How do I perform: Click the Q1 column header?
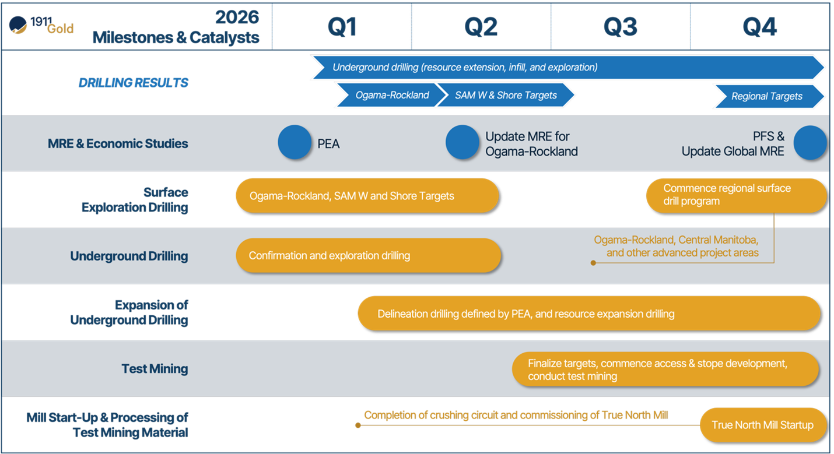tap(342, 27)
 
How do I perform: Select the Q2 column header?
tap(481, 27)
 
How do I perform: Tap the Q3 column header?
tap(621, 27)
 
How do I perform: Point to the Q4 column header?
tap(760, 27)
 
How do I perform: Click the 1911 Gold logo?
tap(41, 26)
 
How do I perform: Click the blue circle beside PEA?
tap(295, 143)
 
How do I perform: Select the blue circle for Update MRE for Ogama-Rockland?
tap(462, 143)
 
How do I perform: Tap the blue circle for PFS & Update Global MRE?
tap(810, 143)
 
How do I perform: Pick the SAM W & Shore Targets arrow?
tap(506, 96)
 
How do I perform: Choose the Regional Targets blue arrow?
tap(767, 96)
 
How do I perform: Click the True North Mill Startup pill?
tap(762, 425)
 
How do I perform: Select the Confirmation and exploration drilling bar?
tap(369, 255)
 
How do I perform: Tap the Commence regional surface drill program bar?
tap(735, 195)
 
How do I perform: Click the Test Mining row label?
tap(155, 369)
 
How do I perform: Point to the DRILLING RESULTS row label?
tap(133, 83)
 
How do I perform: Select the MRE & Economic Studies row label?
tap(118, 143)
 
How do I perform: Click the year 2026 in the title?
tap(237, 17)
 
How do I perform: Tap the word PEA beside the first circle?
tap(328, 143)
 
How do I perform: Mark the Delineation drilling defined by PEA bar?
tap(588, 314)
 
